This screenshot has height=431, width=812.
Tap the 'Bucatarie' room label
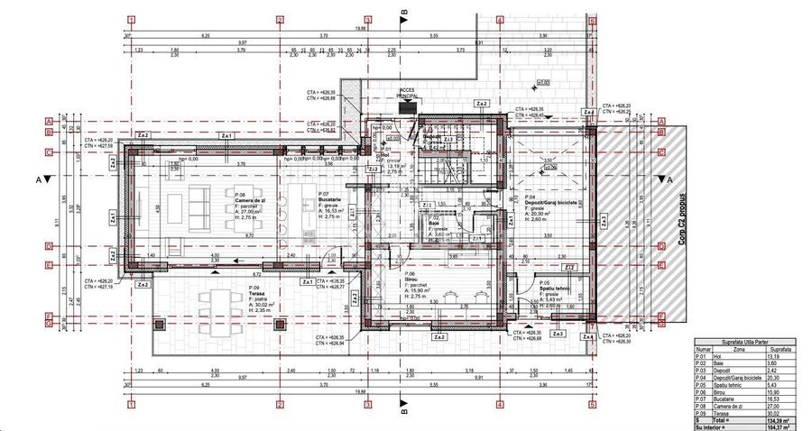pos(332,200)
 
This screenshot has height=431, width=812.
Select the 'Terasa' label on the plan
pos(259,293)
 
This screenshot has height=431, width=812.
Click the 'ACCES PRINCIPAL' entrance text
pos(407,94)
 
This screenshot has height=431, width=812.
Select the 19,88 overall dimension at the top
pos(360,29)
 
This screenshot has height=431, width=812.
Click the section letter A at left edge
pos(38,179)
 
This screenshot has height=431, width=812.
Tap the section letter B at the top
pos(404,12)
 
